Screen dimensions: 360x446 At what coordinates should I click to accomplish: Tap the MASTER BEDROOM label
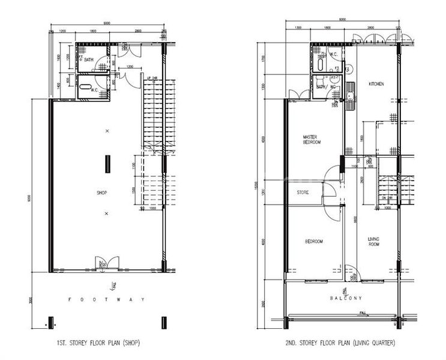click(x=312, y=140)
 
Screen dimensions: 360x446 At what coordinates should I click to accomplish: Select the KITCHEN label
click(x=376, y=84)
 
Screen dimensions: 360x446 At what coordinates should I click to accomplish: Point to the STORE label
click(x=303, y=193)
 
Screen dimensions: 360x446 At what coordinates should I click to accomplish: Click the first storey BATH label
click(x=89, y=60)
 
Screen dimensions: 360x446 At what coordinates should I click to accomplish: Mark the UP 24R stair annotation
click(x=152, y=78)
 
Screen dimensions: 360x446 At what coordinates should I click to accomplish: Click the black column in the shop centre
click(x=107, y=163)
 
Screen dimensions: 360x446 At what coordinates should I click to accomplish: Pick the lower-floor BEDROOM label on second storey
click(x=314, y=241)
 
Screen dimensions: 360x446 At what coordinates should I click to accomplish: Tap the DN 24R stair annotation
click(x=387, y=197)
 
